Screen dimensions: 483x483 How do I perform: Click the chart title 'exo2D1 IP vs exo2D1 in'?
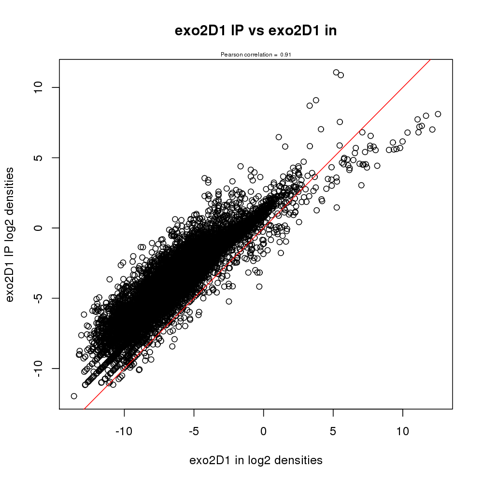click(256, 31)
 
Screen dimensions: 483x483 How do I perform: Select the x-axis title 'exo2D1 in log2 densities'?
click(256, 460)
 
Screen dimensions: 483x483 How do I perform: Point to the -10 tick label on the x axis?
click(124, 430)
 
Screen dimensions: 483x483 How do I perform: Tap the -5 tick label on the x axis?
click(194, 430)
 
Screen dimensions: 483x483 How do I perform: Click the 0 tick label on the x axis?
click(263, 430)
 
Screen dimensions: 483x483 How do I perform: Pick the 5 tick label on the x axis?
click(333, 430)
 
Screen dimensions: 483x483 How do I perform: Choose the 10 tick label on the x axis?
click(402, 430)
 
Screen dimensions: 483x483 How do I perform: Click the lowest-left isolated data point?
click(74, 396)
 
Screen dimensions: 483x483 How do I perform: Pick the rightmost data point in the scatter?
click(438, 114)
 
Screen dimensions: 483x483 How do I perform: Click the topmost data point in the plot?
click(336, 72)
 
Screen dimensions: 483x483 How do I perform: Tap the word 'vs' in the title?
click(256, 31)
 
